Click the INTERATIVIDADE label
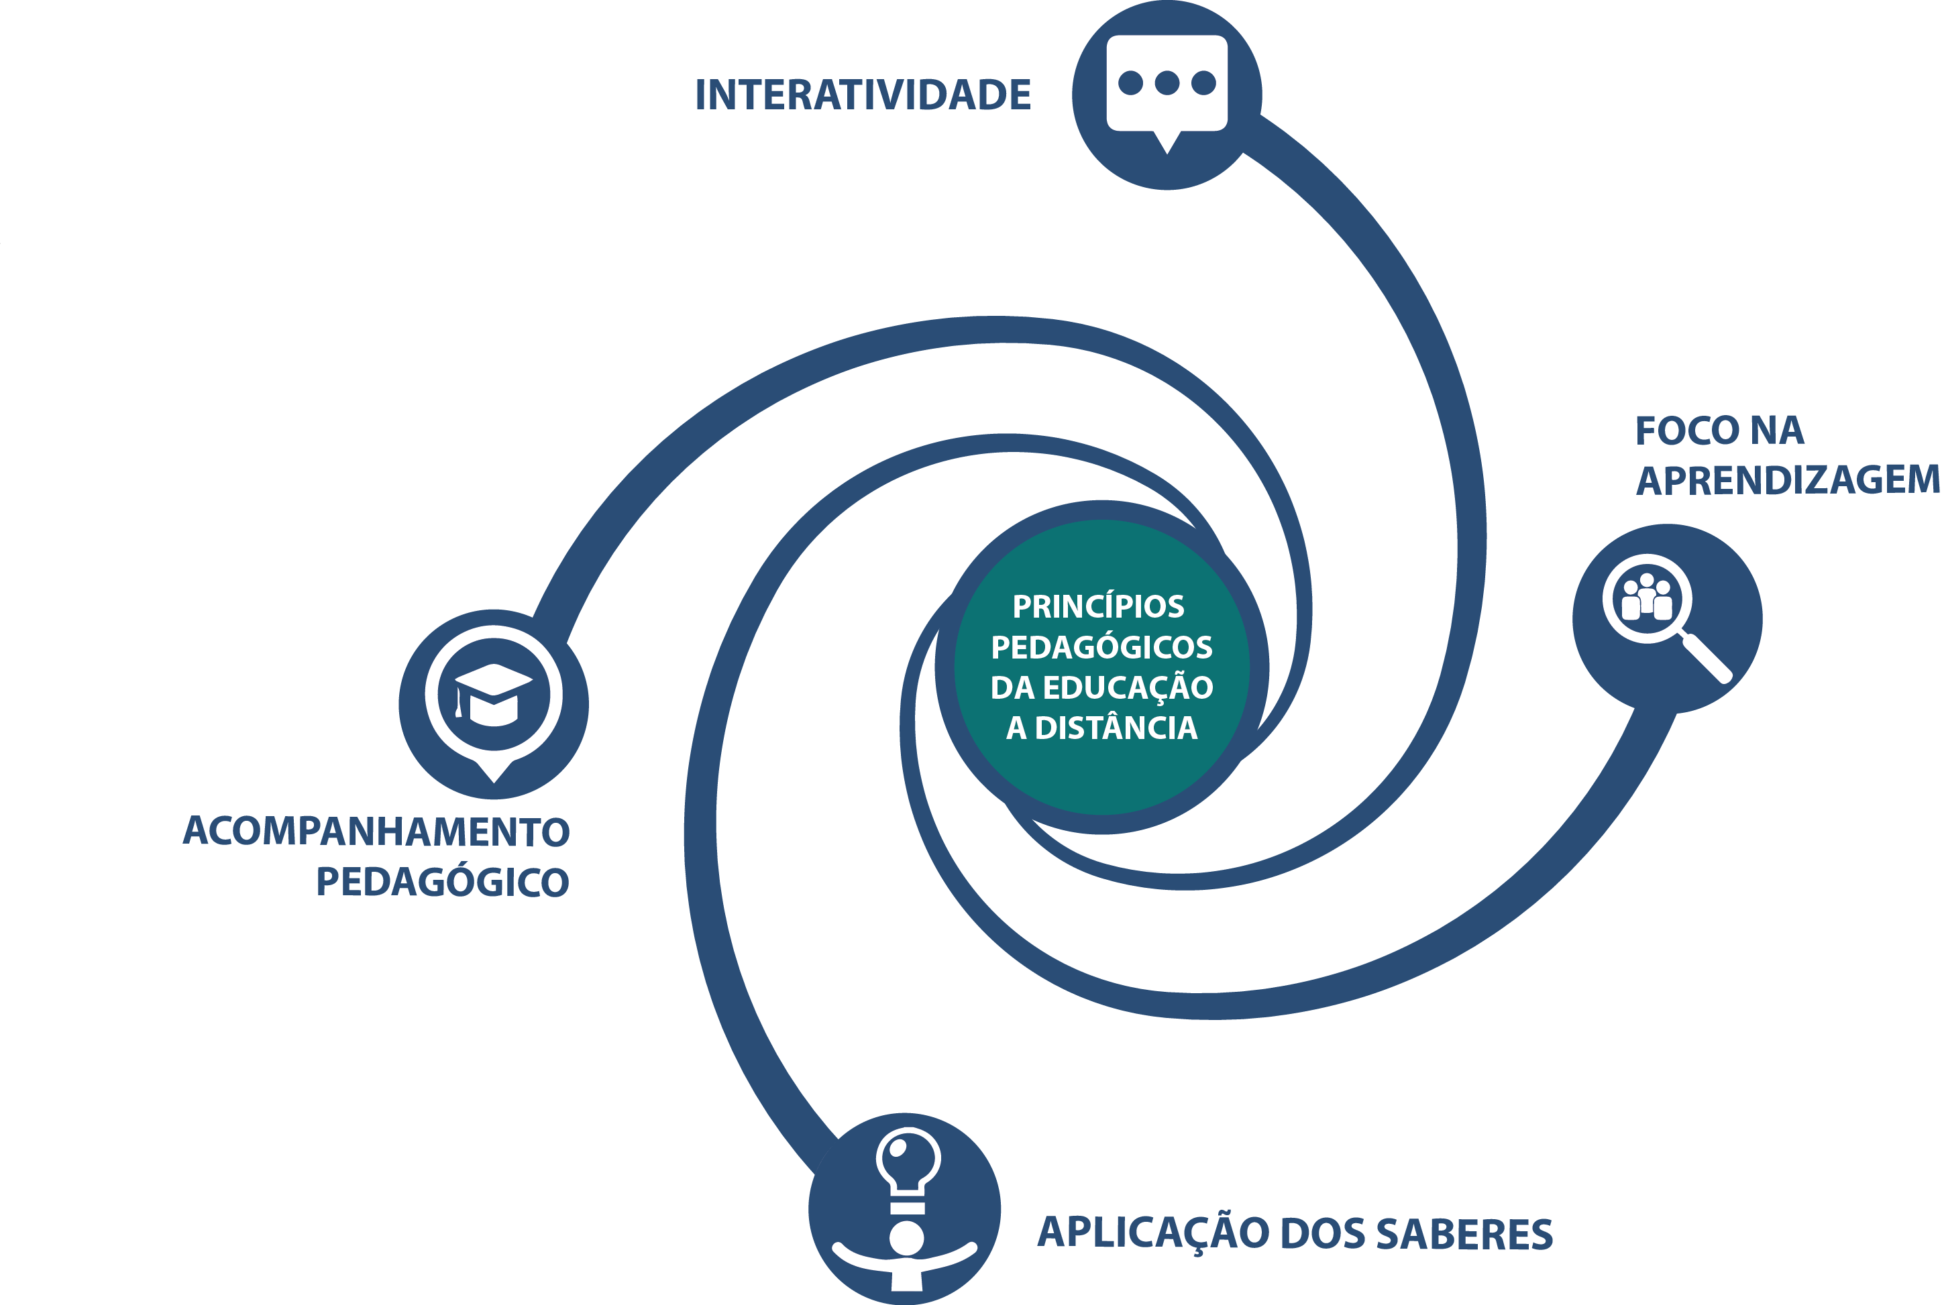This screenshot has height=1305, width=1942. pos(863,95)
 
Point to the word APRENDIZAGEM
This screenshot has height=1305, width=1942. pos(1786,480)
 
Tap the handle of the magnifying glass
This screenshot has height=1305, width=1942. pos(1707,659)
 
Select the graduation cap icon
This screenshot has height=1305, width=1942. pos(494,693)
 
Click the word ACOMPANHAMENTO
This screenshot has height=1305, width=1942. pos(376,832)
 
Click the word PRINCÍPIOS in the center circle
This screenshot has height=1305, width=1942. pos(1098,607)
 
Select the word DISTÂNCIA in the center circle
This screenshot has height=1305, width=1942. pos(1116,728)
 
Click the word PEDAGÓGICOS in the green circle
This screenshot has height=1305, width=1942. pos(1101,648)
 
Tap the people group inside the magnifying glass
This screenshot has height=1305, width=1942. pos(1646,598)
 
